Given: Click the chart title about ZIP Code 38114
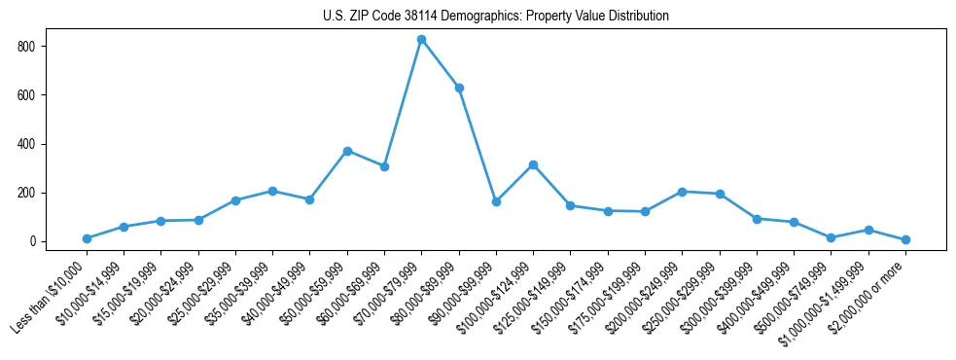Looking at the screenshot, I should pyautogui.click(x=495, y=16).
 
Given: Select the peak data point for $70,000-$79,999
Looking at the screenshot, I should pyautogui.click(x=421, y=39).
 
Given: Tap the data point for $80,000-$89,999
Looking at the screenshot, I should pyautogui.click(x=459, y=88).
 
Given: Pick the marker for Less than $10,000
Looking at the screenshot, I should pyautogui.click(x=87, y=238).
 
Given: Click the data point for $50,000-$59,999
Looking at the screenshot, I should pyautogui.click(x=347, y=151).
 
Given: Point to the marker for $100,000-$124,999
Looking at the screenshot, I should pyautogui.click(x=533, y=164).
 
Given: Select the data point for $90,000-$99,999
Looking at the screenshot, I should pyautogui.click(x=496, y=201).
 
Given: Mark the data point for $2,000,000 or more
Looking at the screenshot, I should pyautogui.click(x=905, y=239).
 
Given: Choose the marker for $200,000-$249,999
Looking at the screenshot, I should pyautogui.click(x=682, y=192).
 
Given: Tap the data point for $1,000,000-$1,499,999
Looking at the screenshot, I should pyautogui.click(x=868, y=230).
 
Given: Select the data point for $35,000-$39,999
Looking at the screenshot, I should pyautogui.click(x=272, y=191).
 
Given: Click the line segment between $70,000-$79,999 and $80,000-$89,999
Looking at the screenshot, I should pyautogui.click(x=440, y=63).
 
